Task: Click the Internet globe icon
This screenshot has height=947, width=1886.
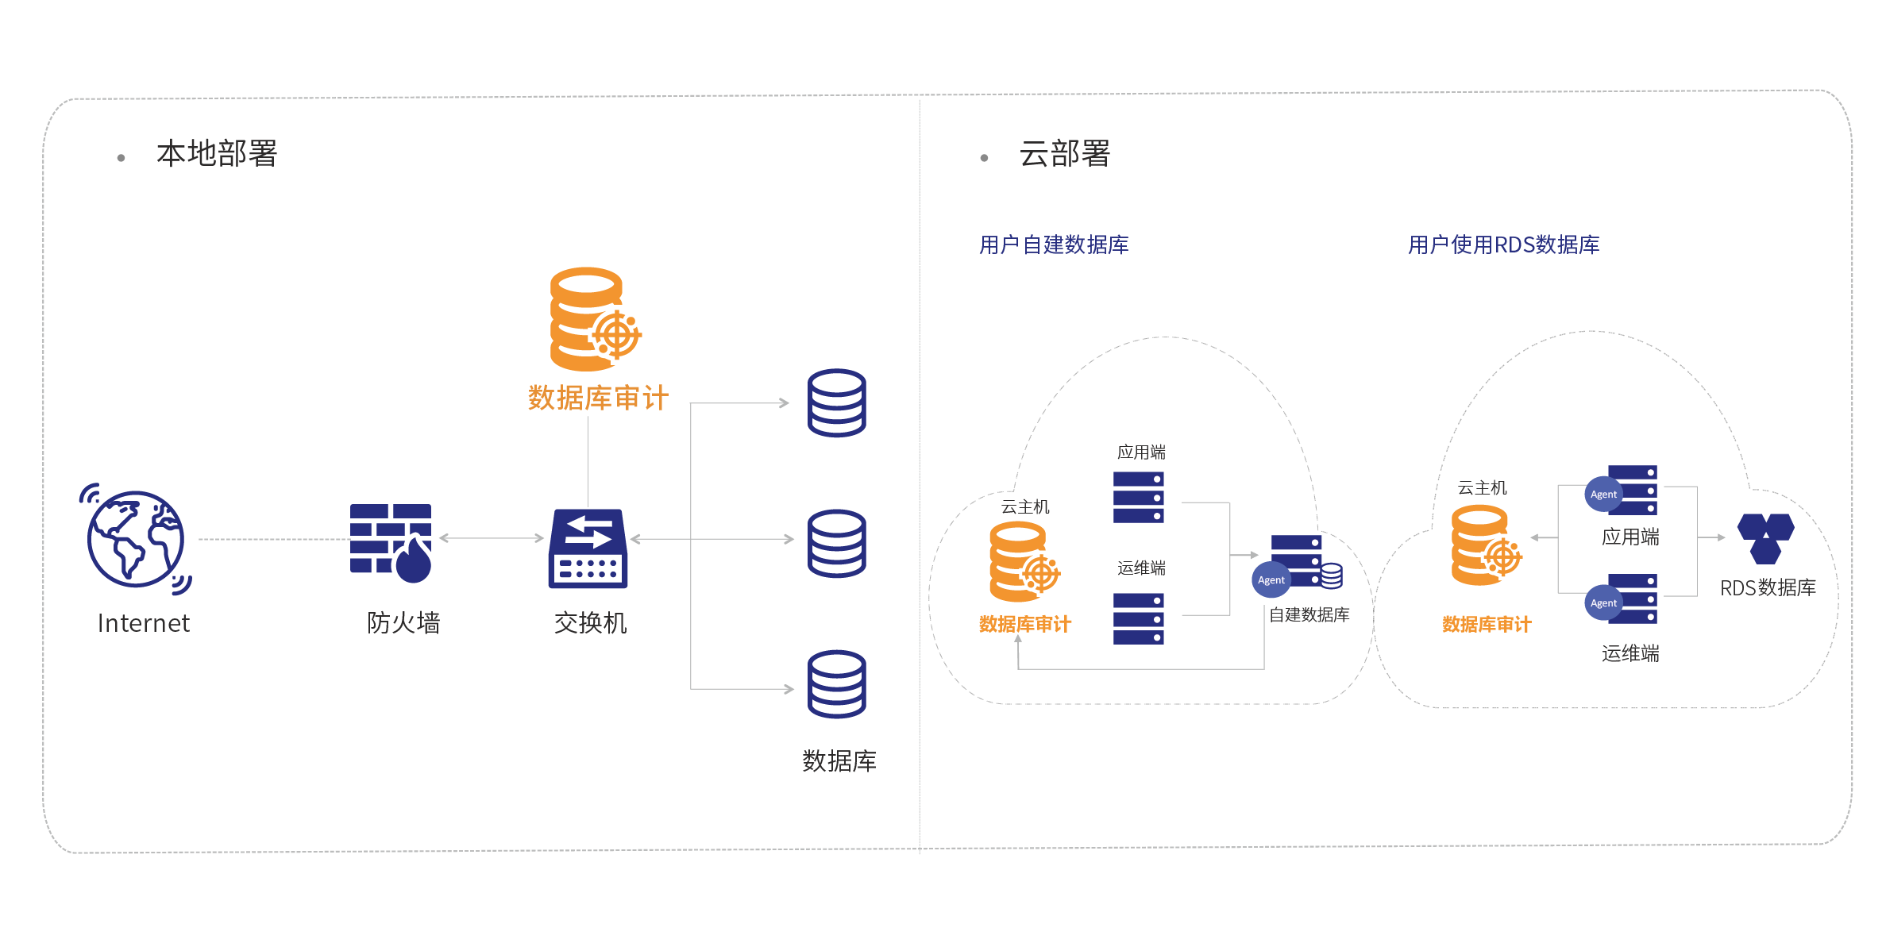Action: (x=136, y=539)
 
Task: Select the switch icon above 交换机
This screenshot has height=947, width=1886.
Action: (x=588, y=549)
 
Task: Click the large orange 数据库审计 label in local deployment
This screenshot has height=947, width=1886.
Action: (x=598, y=398)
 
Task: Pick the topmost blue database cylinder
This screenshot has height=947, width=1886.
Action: (x=836, y=403)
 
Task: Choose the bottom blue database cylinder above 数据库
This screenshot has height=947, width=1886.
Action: (x=836, y=684)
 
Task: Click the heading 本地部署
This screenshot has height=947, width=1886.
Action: (x=216, y=154)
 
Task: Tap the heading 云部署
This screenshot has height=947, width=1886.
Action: (x=1064, y=154)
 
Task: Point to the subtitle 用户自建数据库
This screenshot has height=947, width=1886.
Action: (x=1053, y=245)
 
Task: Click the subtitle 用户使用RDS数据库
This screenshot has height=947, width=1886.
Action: (x=1503, y=245)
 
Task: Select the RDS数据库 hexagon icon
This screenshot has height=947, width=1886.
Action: (x=1765, y=538)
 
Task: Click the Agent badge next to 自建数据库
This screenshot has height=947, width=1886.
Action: (x=1271, y=580)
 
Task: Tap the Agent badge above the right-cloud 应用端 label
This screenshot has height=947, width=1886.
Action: (x=1603, y=495)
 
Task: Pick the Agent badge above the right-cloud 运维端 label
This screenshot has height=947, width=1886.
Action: (x=1603, y=603)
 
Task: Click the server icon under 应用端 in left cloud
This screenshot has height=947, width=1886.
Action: (x=1139, y=497)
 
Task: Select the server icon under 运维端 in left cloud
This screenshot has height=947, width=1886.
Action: (x=1139, y=618)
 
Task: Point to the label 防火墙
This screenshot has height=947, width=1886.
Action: (x=403, y=623)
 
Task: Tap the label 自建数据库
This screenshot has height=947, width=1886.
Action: (x=1309, y=615)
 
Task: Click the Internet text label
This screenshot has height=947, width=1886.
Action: (x=144, y=624)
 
